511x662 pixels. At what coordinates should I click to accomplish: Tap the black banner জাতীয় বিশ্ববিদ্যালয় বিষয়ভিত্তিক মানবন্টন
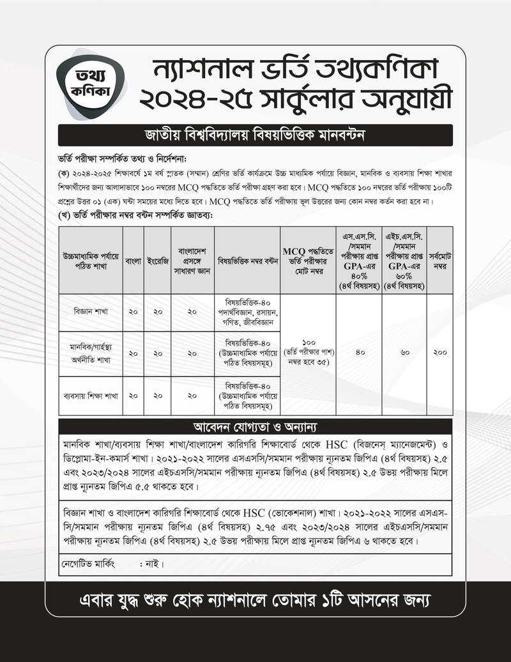256,135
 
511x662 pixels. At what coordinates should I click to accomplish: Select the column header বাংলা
133,261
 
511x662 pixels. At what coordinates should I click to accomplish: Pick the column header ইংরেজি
157,261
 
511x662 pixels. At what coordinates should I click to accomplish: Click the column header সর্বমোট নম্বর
440,261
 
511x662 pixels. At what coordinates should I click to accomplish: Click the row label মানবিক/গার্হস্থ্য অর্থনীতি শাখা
90,353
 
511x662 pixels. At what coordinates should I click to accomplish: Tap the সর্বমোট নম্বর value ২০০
440,352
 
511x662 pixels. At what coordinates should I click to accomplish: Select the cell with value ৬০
404,352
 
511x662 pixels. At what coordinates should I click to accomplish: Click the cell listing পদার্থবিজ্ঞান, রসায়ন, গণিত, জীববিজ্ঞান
247,312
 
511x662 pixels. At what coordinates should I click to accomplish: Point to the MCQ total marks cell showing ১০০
309,351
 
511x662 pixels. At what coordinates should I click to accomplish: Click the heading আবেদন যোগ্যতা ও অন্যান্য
256,426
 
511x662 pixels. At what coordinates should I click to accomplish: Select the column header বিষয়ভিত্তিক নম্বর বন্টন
247,261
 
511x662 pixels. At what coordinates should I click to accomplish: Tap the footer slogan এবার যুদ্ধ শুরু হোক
256,601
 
